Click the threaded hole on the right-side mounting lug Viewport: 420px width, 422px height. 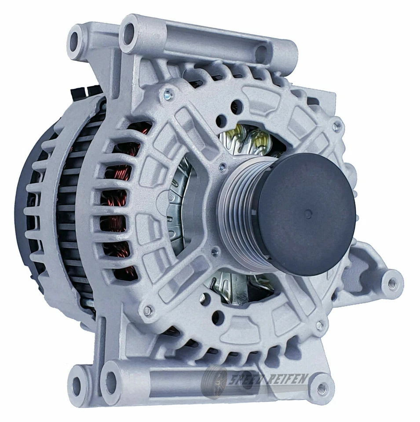click(x=391, y=282)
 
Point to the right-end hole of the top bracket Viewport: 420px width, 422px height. click(x=263, y=54)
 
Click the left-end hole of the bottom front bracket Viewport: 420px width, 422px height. click(x=110, y=378)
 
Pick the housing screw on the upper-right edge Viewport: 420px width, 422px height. click(x=336, y=127)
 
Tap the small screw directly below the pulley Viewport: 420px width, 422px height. click(x=214, y=252)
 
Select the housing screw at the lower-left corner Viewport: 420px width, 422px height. click(x=149, y=311)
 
